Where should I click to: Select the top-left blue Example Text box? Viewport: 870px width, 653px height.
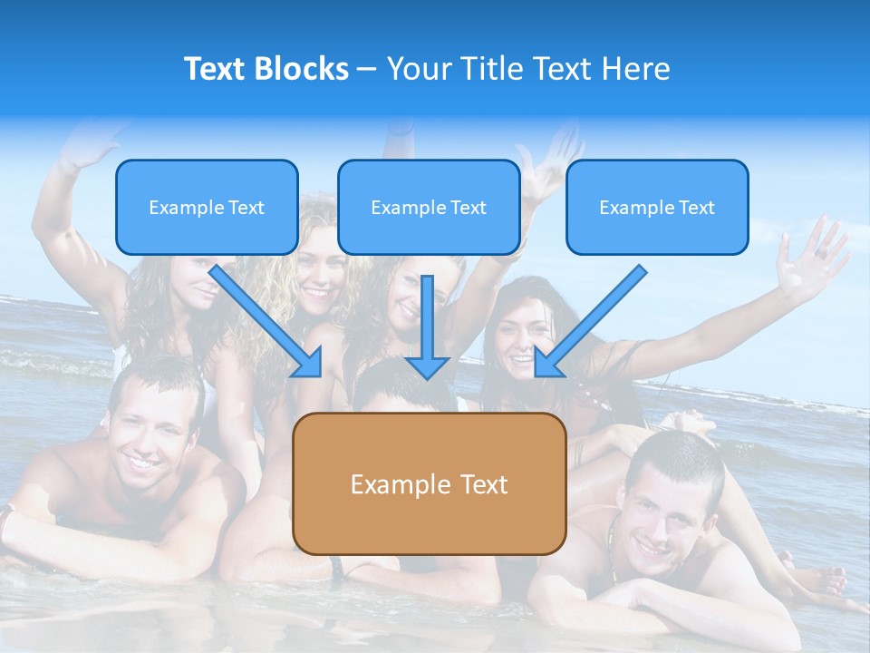click(207, 207)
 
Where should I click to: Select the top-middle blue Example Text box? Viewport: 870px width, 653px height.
click(429, 207)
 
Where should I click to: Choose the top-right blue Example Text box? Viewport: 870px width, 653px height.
click(657, 207)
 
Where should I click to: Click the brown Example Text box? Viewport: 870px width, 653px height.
click(429, 483)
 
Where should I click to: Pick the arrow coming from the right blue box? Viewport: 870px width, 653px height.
click(590, 321)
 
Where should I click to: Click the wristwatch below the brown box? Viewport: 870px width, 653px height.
click(337, 567)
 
